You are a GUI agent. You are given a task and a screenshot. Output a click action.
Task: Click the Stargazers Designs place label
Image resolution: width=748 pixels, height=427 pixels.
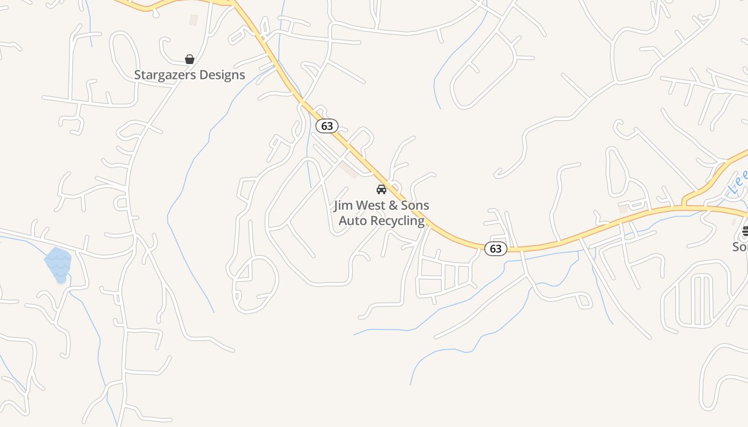click(x=189, y=75)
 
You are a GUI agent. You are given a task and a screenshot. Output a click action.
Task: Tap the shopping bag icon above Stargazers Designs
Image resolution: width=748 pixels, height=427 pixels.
click(x=189, y=59)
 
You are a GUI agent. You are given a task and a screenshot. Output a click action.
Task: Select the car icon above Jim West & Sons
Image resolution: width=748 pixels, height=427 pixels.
click(x=381, y=189)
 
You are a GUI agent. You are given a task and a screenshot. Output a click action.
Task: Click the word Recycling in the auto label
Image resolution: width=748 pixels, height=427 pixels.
click(x=398, y=220)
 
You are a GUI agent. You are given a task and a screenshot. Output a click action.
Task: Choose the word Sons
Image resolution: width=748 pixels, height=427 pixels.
click(x=415, y=205)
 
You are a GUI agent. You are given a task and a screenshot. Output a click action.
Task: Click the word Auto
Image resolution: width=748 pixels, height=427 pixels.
click(x=353, y=220)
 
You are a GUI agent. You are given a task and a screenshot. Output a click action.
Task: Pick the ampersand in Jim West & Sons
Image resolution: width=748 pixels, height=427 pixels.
click(x=395, y=205)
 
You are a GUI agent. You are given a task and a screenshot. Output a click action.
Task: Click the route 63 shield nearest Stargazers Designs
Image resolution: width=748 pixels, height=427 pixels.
click(x=327, y=126)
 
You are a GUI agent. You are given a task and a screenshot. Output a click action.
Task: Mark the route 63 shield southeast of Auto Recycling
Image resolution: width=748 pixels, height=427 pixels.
click(x=495, y=248)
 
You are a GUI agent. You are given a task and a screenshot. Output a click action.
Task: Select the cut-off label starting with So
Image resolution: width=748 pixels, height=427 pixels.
click(x=740, y=247)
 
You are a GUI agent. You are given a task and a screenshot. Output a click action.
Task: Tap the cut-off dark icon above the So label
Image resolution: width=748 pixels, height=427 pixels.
click(x=745, y=231)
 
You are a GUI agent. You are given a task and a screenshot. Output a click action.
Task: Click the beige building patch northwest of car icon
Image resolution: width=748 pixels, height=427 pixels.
click(x=349, y=170)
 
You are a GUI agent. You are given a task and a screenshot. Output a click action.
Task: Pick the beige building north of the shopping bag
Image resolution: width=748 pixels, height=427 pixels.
click(x=193, y=20)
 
